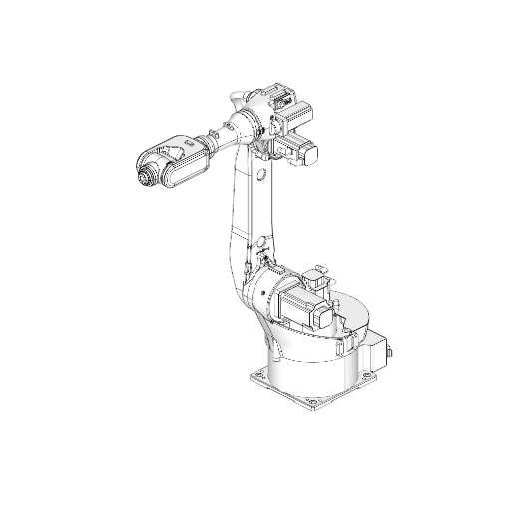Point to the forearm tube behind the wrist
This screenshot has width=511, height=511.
(x=212, y=141)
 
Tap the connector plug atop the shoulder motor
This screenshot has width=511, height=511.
(x=319, y=270)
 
